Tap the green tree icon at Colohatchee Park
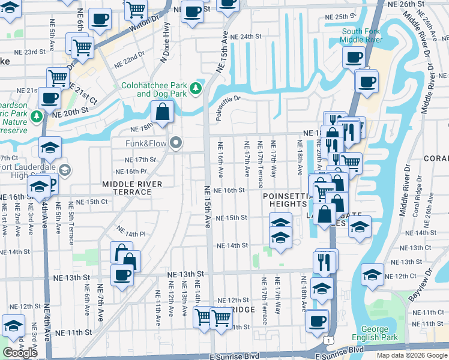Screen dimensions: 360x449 point(195,89)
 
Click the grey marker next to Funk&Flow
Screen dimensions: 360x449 point(175,143)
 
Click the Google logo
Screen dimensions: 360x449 point(20,353)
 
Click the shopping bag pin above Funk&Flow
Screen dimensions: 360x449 point(162,111)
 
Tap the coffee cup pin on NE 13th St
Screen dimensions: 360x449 point(122,275)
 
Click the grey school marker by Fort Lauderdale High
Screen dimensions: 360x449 point(64,170)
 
